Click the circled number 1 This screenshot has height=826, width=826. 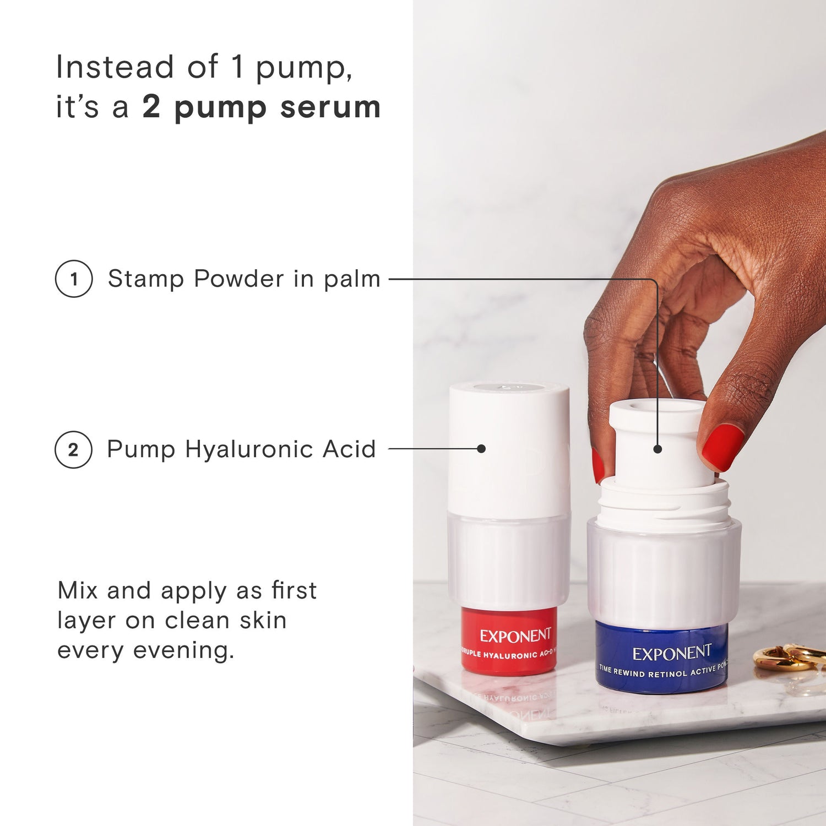[x=74, y=279]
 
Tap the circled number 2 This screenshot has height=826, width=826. [x=73, y=449]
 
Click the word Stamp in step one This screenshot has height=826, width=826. [x=145, y=279]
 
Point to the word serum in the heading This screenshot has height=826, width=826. [x=330, y=107]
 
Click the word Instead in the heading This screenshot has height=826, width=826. [x=115, y=67]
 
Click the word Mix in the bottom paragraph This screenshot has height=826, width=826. [x=78, y=590]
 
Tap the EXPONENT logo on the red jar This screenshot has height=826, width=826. [x=515, y=636]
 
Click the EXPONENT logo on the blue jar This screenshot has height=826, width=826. [x=672, y=654]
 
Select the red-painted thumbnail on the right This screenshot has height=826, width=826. [x=722, y=447]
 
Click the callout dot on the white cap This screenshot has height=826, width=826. [x=481, y=449]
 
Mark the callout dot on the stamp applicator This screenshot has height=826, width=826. [x=657, y=449]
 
